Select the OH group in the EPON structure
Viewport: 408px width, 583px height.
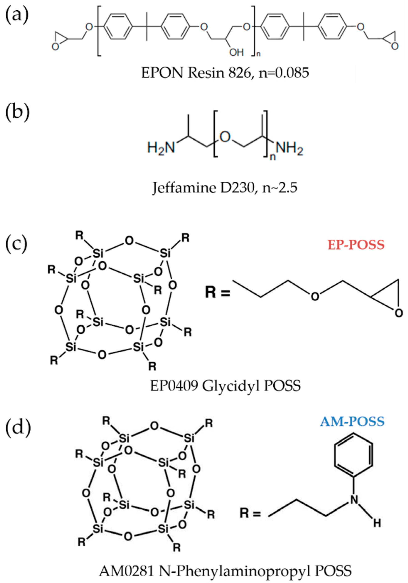pos(236,53)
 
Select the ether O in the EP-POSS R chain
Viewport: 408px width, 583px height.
pos(315,296)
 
